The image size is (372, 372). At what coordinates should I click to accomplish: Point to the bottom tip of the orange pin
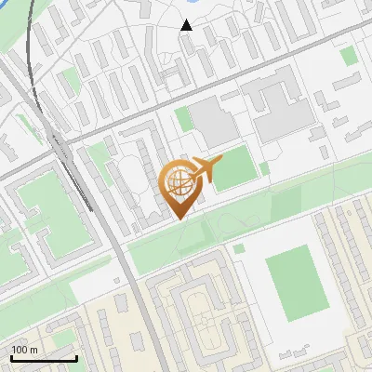click(179, 219)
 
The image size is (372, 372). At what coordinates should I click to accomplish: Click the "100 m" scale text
click(24, 350)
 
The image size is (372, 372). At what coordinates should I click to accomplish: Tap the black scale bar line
click(44, 359)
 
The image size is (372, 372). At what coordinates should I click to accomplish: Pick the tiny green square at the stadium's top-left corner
click(240, 249)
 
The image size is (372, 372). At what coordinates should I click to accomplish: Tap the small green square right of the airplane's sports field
click(264, 168)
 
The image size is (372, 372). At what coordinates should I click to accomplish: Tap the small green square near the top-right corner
click(348, 56)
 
